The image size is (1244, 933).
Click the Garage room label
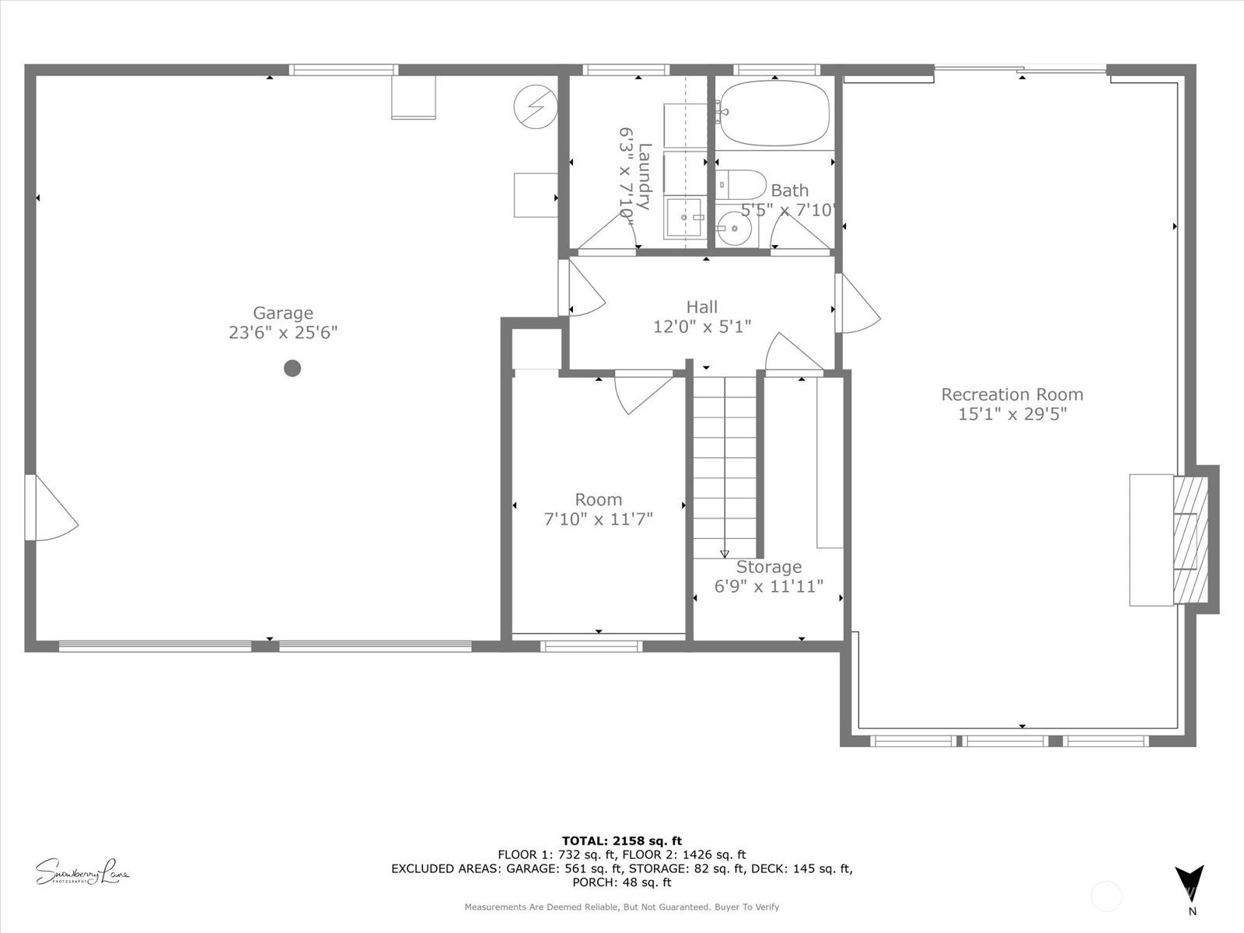pyautogui.click(x=283, y=313)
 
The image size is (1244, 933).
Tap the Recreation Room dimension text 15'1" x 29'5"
pyautogui.click(x=1012, y=414)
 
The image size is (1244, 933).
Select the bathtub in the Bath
pyautogui.click(x=774, y=114)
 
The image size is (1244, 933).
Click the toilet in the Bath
pyautogui.click(x=741, y=185)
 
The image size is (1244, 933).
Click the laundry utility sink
pyautogui.click(x=684, y=218)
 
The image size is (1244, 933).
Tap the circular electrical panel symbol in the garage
pyautogui.click(x=536, y=105)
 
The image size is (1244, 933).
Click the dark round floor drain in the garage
pyautogui.click(x=292, y=368)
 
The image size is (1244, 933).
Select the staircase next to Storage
pyautogui.click(x=725, y=466)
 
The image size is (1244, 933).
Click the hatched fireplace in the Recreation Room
pyautogui.click(x=1190, y=540)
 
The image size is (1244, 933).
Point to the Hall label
pyautogui.click(x=701, y=307)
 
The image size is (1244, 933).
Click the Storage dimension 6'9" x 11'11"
pyautogui.click(x=768, y=586)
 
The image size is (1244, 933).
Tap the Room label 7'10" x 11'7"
pyautogui.click(x=598, y=509)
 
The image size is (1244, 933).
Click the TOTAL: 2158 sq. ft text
pyautogui.click(x=621, y=840)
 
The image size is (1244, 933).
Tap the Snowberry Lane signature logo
pyautogui.click(x=82, y=872)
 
